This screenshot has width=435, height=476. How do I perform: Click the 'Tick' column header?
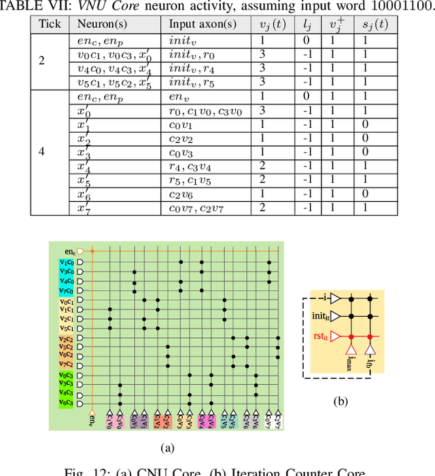click(x=50, y=24)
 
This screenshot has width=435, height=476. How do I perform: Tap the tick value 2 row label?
click(x=42, y=61)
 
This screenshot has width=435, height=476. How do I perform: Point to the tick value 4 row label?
click(x=42, y=152)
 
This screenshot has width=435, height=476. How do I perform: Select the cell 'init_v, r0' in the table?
click(x=192, y=54)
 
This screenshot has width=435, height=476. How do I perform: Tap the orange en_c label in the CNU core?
click(x=66, y=252)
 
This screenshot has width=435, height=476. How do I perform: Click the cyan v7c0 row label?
click(x=67, y=290)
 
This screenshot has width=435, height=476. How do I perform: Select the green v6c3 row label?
click(x=67, y=404)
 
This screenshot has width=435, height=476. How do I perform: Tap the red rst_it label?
click(x=320, y=335)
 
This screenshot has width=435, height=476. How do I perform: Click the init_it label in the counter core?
click(x=319, y=316)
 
